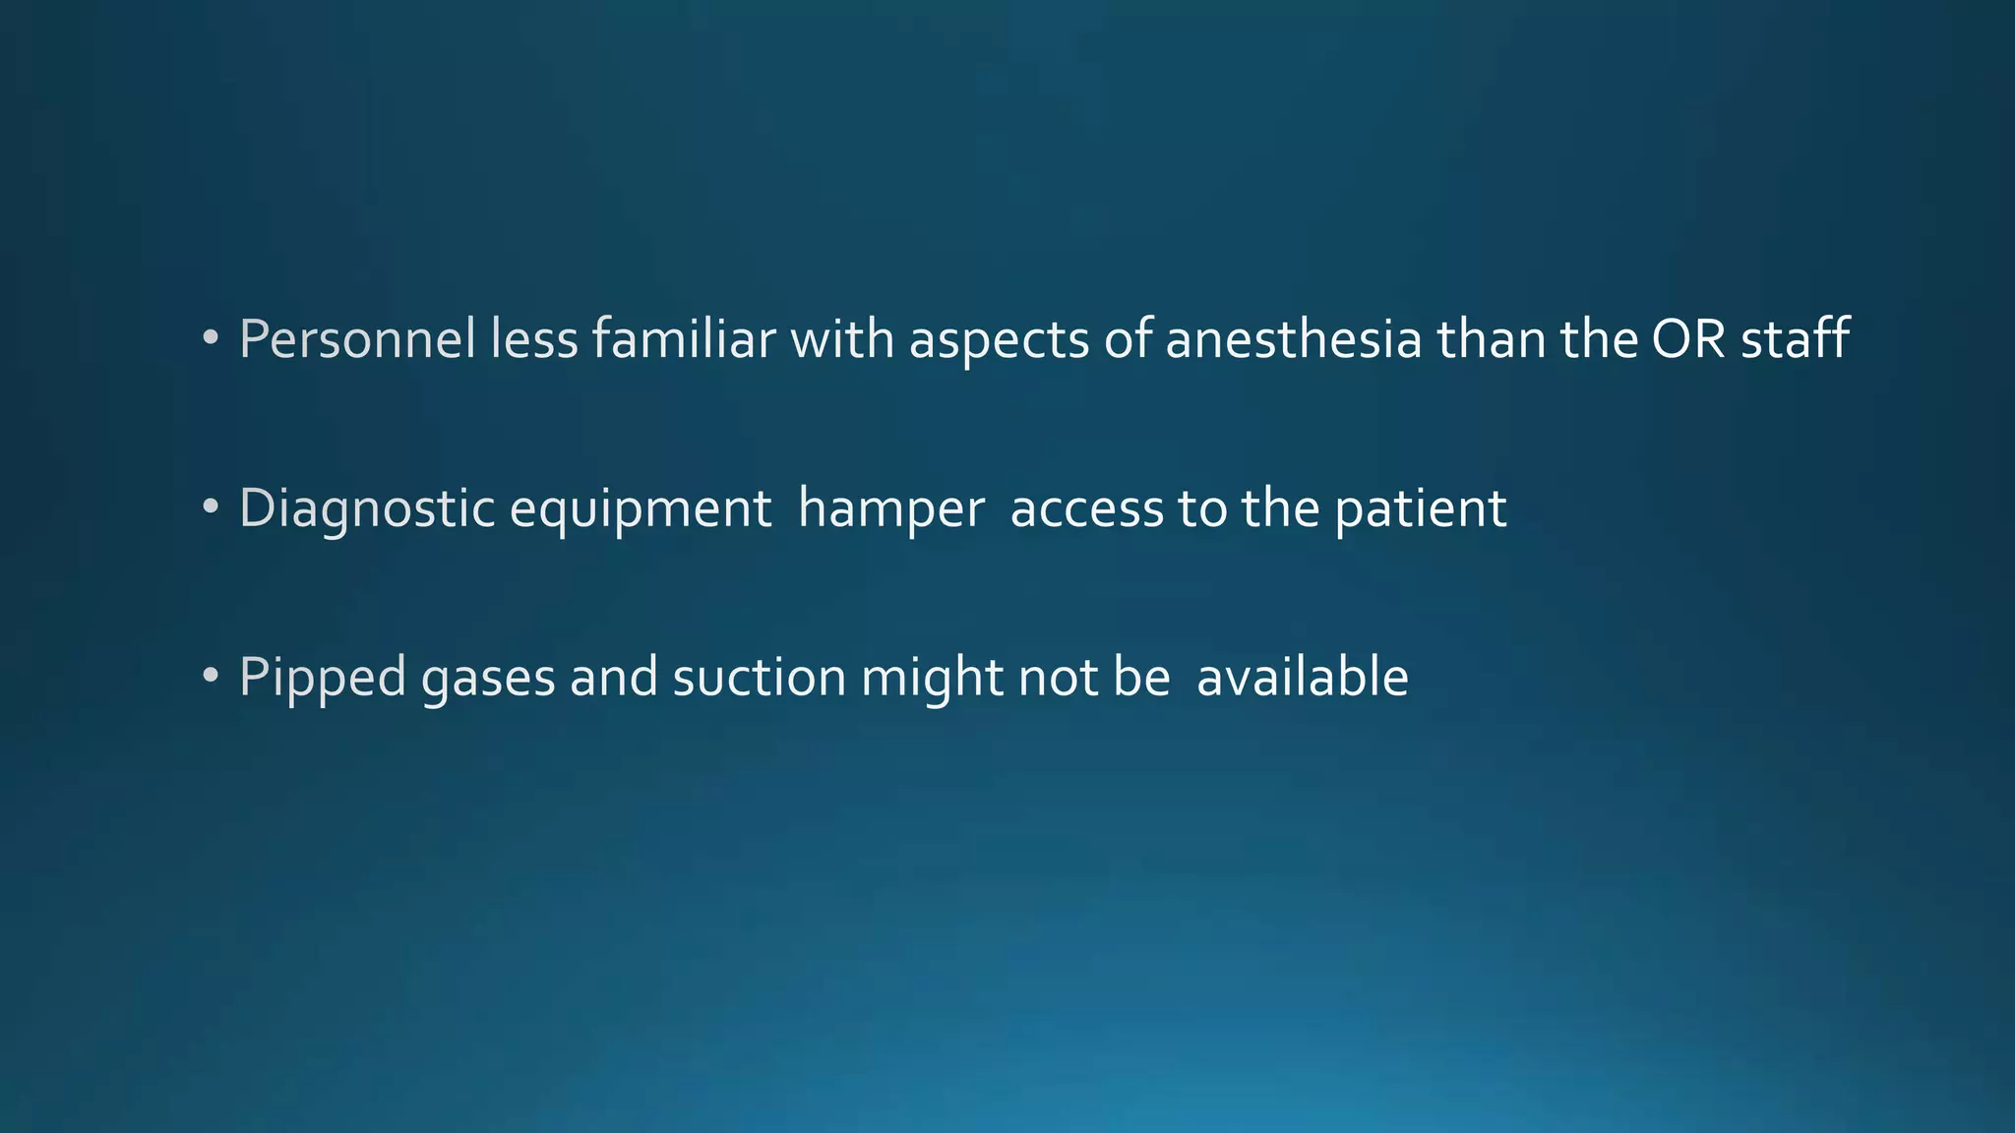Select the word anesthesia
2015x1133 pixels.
coord(1294,339)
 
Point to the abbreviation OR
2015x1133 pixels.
coord(1688,339)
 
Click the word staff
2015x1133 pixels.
coord(1796,339)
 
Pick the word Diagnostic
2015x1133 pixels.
coord(367,509)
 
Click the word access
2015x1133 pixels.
coord(1087,509)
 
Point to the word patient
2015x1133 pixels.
coord(1421,509)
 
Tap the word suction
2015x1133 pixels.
coord(760,679)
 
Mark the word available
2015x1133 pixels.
coord(1303,679)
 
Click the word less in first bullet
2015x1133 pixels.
coord(534,339)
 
